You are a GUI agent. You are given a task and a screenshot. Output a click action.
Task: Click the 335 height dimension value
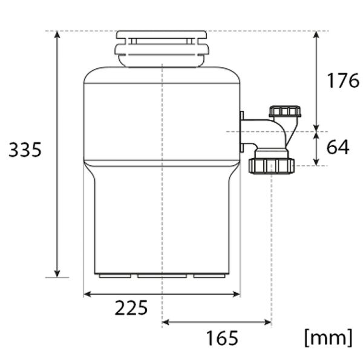25,149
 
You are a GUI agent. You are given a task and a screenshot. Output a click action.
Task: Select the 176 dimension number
343,80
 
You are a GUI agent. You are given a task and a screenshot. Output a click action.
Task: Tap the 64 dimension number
338,147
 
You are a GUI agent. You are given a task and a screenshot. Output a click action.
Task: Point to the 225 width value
131,308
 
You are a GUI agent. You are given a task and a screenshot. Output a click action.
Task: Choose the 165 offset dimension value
222,338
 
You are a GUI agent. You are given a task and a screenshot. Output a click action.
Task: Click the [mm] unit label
329,338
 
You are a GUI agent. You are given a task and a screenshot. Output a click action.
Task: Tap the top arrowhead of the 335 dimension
57,34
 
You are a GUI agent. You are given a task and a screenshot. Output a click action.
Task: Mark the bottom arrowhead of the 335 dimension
57,273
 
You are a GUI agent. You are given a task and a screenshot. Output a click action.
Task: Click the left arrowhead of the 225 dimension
87,294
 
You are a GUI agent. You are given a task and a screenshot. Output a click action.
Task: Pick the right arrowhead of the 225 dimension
237,294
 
